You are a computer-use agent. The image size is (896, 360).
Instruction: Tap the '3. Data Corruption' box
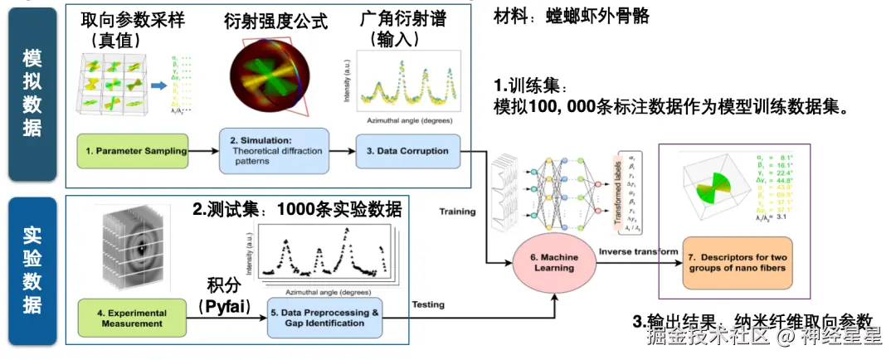coord(407,150)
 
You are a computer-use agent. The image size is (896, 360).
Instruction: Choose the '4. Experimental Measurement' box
coord(133,319)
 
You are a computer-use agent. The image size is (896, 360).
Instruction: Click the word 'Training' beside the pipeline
coord(457,212)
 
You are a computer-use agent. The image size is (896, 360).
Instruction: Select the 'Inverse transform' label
coord(636,251)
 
